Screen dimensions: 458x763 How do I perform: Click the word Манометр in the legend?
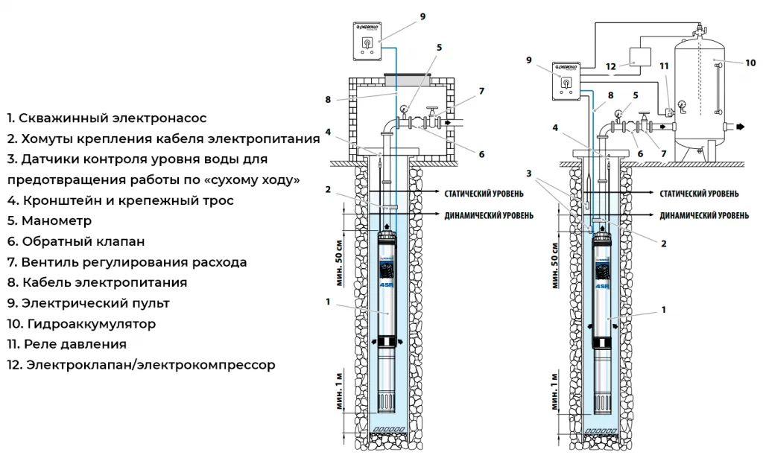point(57,221)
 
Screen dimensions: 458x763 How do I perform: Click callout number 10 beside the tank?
point(751,63)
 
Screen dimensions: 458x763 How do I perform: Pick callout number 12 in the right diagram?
point(611,66)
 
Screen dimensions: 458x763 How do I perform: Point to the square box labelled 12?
point(640,57)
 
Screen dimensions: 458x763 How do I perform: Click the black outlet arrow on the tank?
point(742,127)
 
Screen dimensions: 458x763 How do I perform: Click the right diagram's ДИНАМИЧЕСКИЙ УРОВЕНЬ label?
point(704,215)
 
